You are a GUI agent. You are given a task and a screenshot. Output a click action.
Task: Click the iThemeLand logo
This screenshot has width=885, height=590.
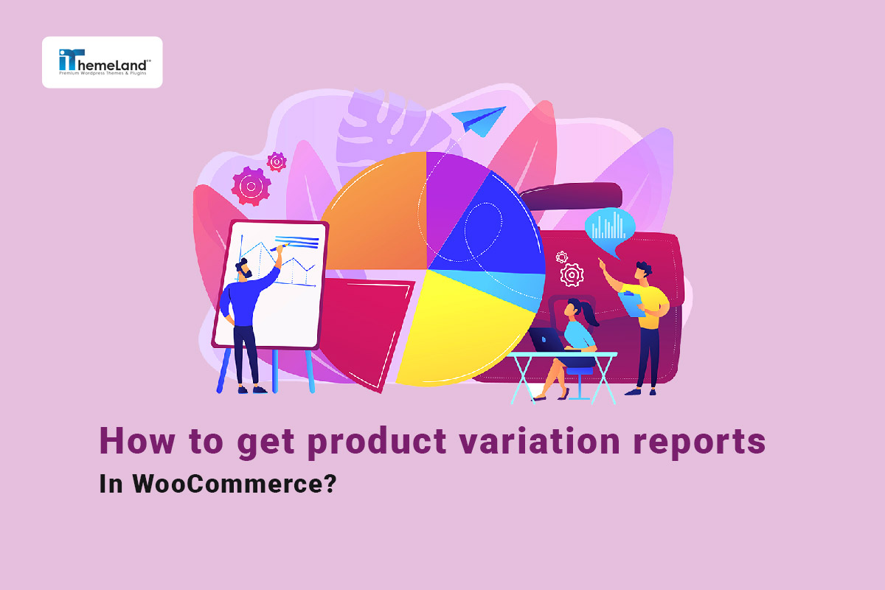(x=102, y=62)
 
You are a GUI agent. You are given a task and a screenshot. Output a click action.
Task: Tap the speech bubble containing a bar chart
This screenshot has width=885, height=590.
(x=609, y=224)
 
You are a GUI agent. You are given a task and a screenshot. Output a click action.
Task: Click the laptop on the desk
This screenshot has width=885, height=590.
(x=545, y=340)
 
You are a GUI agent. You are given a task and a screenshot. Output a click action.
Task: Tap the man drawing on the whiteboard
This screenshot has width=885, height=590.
(x=246, y=317)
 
